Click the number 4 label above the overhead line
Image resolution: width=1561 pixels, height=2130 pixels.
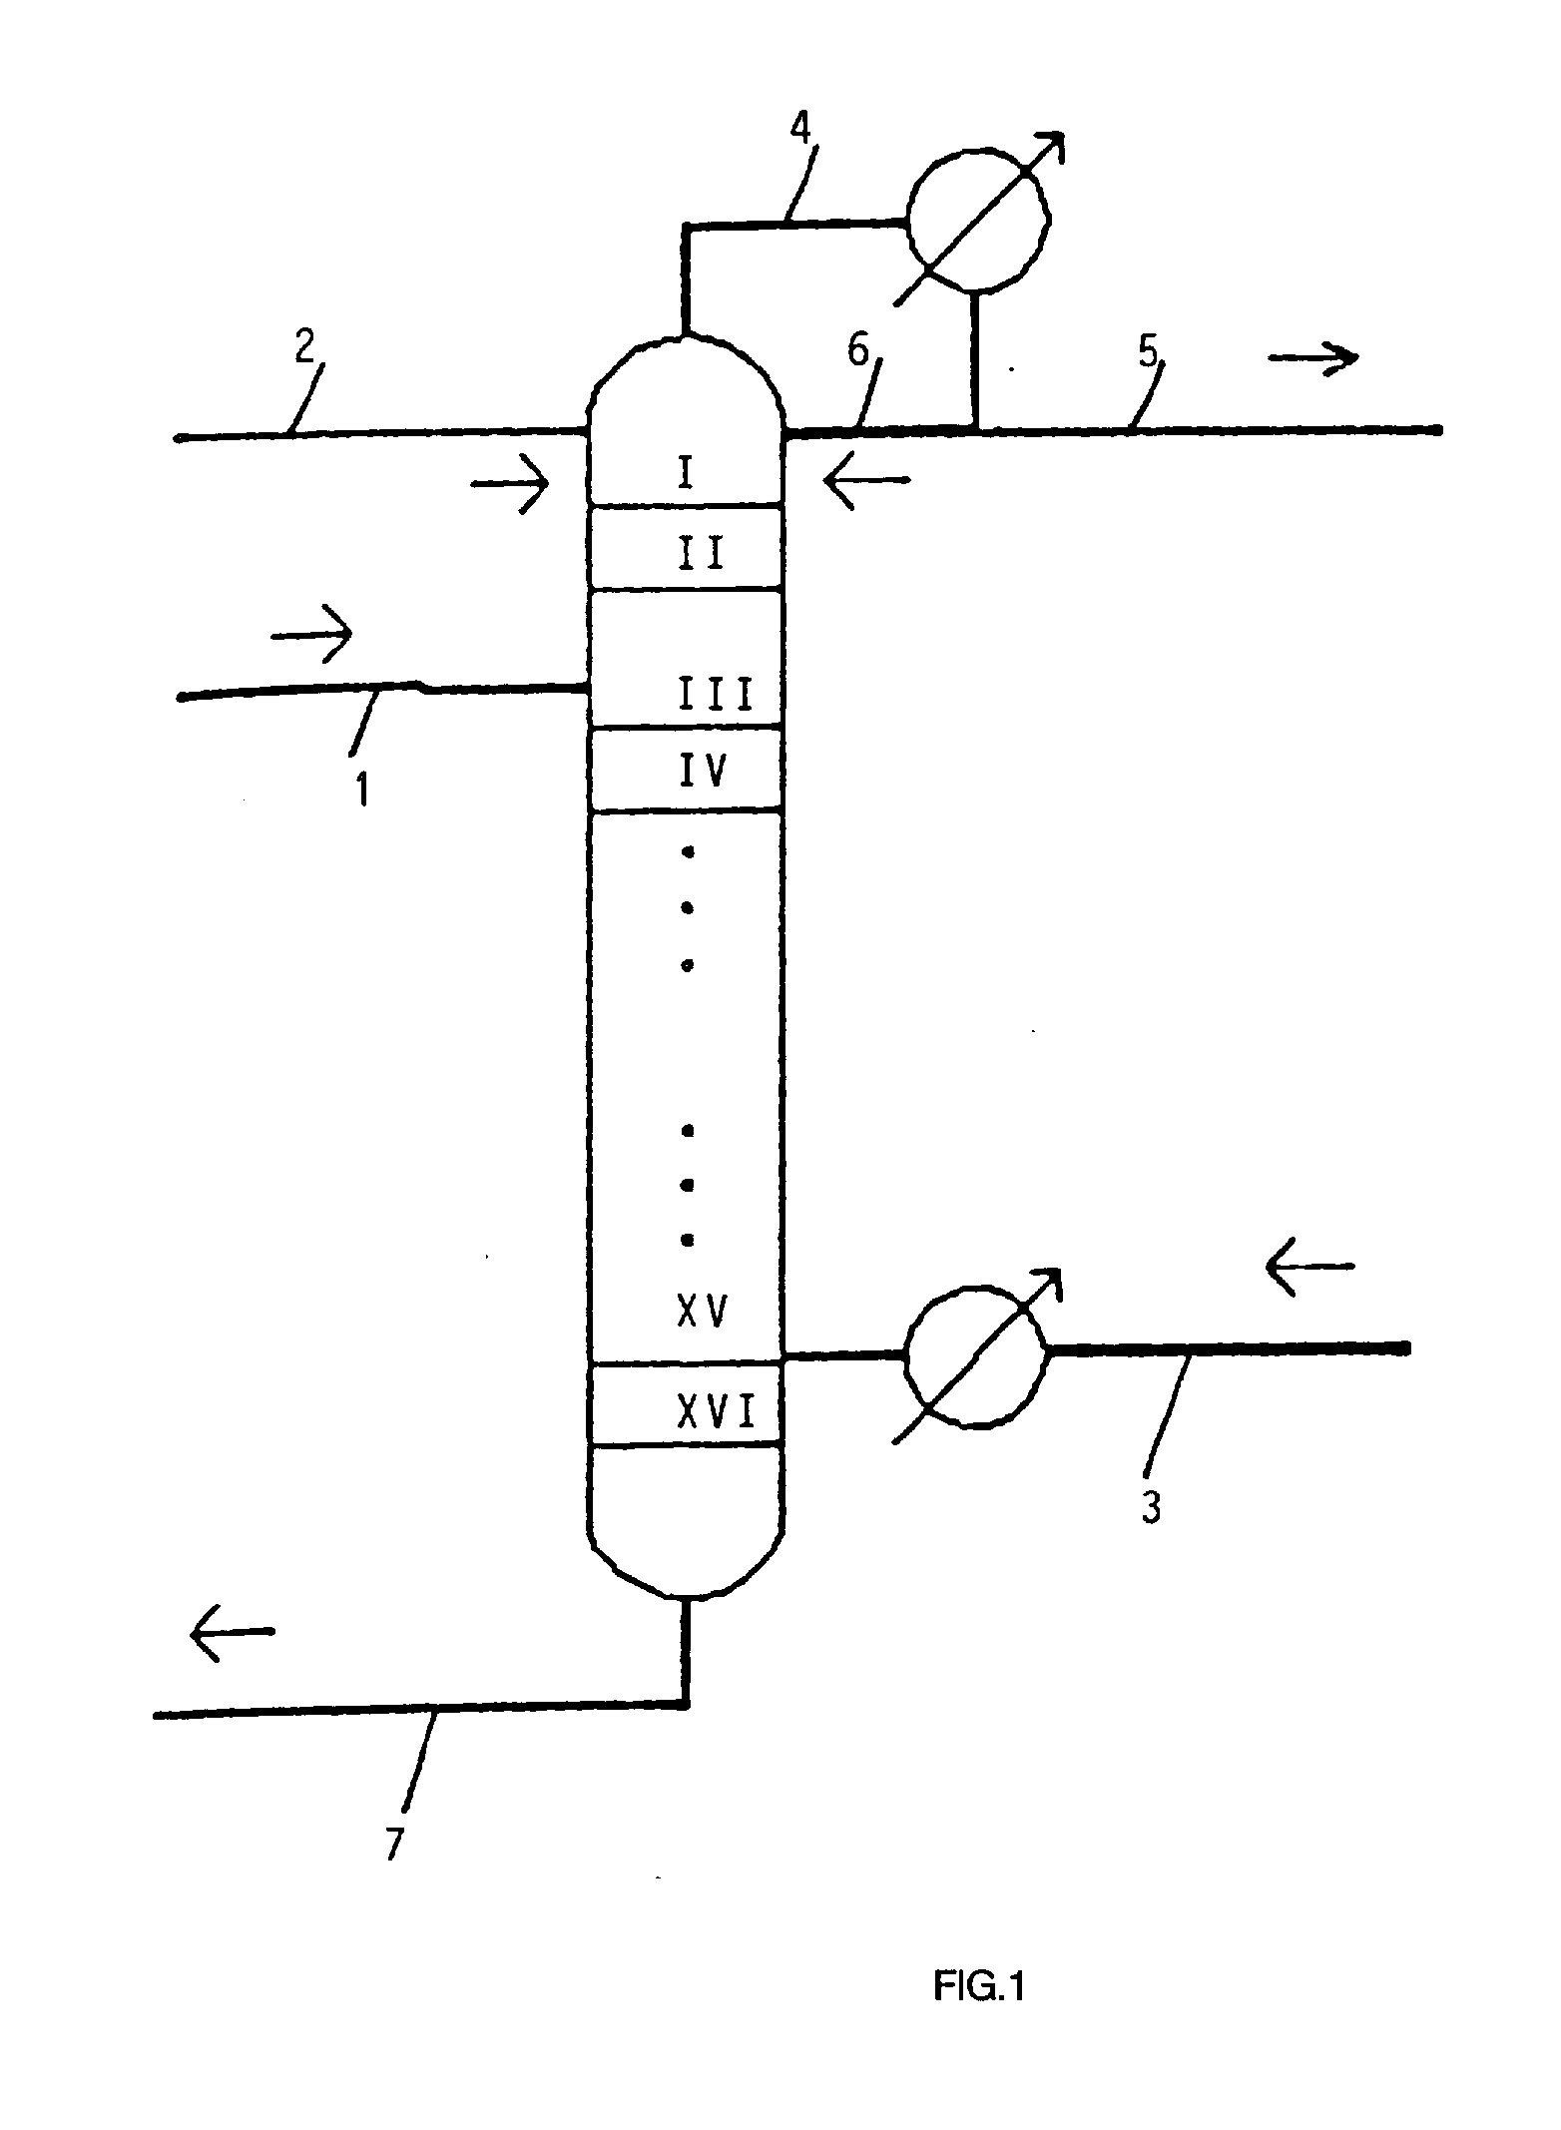800,130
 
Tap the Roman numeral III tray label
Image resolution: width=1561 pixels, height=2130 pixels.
717,693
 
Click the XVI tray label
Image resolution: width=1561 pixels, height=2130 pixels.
717,1412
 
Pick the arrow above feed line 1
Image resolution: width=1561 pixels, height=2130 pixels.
311,635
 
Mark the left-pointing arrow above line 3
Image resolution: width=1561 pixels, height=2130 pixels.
1309,1267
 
